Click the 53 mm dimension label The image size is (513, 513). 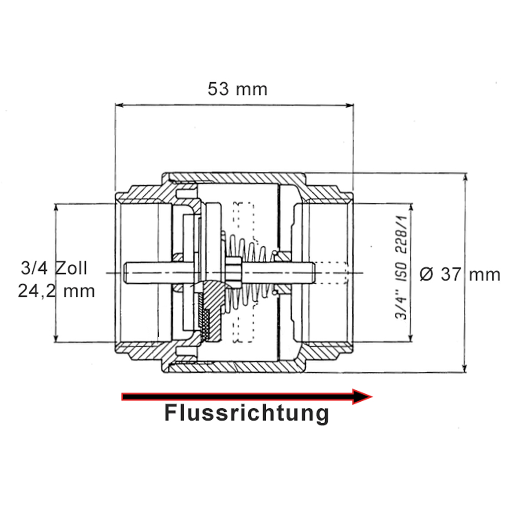[237, 89]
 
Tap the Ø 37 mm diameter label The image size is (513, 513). [459, 274]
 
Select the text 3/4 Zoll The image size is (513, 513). [54, 268]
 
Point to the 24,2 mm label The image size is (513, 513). [56, 291]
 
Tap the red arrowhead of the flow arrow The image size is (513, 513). [362, 396]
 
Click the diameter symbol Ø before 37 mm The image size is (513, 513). [426, 274]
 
